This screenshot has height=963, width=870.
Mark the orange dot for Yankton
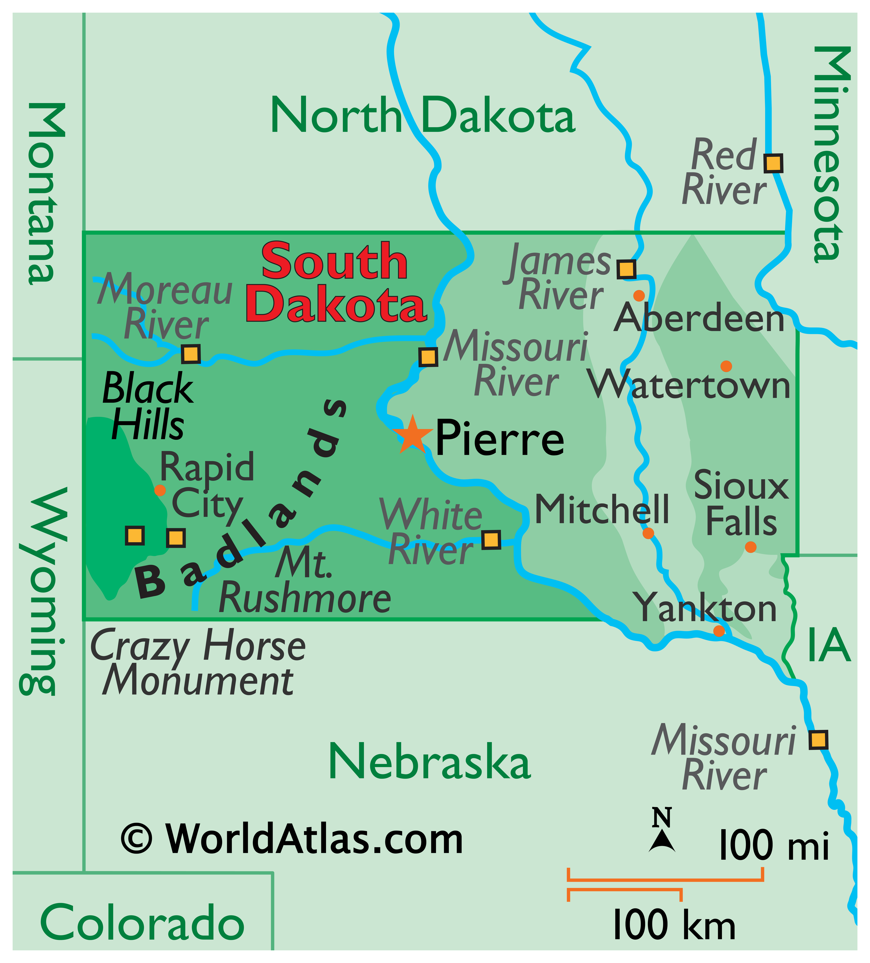tap(718, 631)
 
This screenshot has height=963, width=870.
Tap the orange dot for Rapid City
tap(160, 490)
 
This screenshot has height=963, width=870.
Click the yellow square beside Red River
tap(773, 163)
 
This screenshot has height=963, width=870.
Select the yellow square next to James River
tap(626, 269)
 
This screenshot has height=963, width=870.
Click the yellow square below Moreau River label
tap(191, 354)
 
